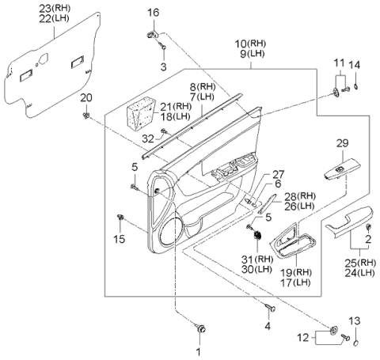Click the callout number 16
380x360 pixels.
click(154, 12)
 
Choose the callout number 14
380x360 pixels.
click(355, 64)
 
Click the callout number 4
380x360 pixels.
click(268, 325)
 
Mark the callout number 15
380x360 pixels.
click(120, 239)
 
